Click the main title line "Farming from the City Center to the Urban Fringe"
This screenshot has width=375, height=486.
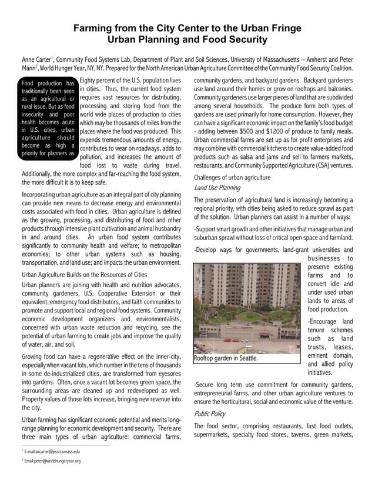(187, 28)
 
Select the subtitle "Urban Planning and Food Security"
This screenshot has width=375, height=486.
(187, 40)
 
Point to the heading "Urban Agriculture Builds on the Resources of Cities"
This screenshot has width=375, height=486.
(84, 274)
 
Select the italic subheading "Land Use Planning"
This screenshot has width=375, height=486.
(217, 188)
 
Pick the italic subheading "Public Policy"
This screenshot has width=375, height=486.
(210, 414)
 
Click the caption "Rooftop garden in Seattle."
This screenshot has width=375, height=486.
(226, 358)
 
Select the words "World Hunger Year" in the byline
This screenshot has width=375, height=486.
(61, 69)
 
